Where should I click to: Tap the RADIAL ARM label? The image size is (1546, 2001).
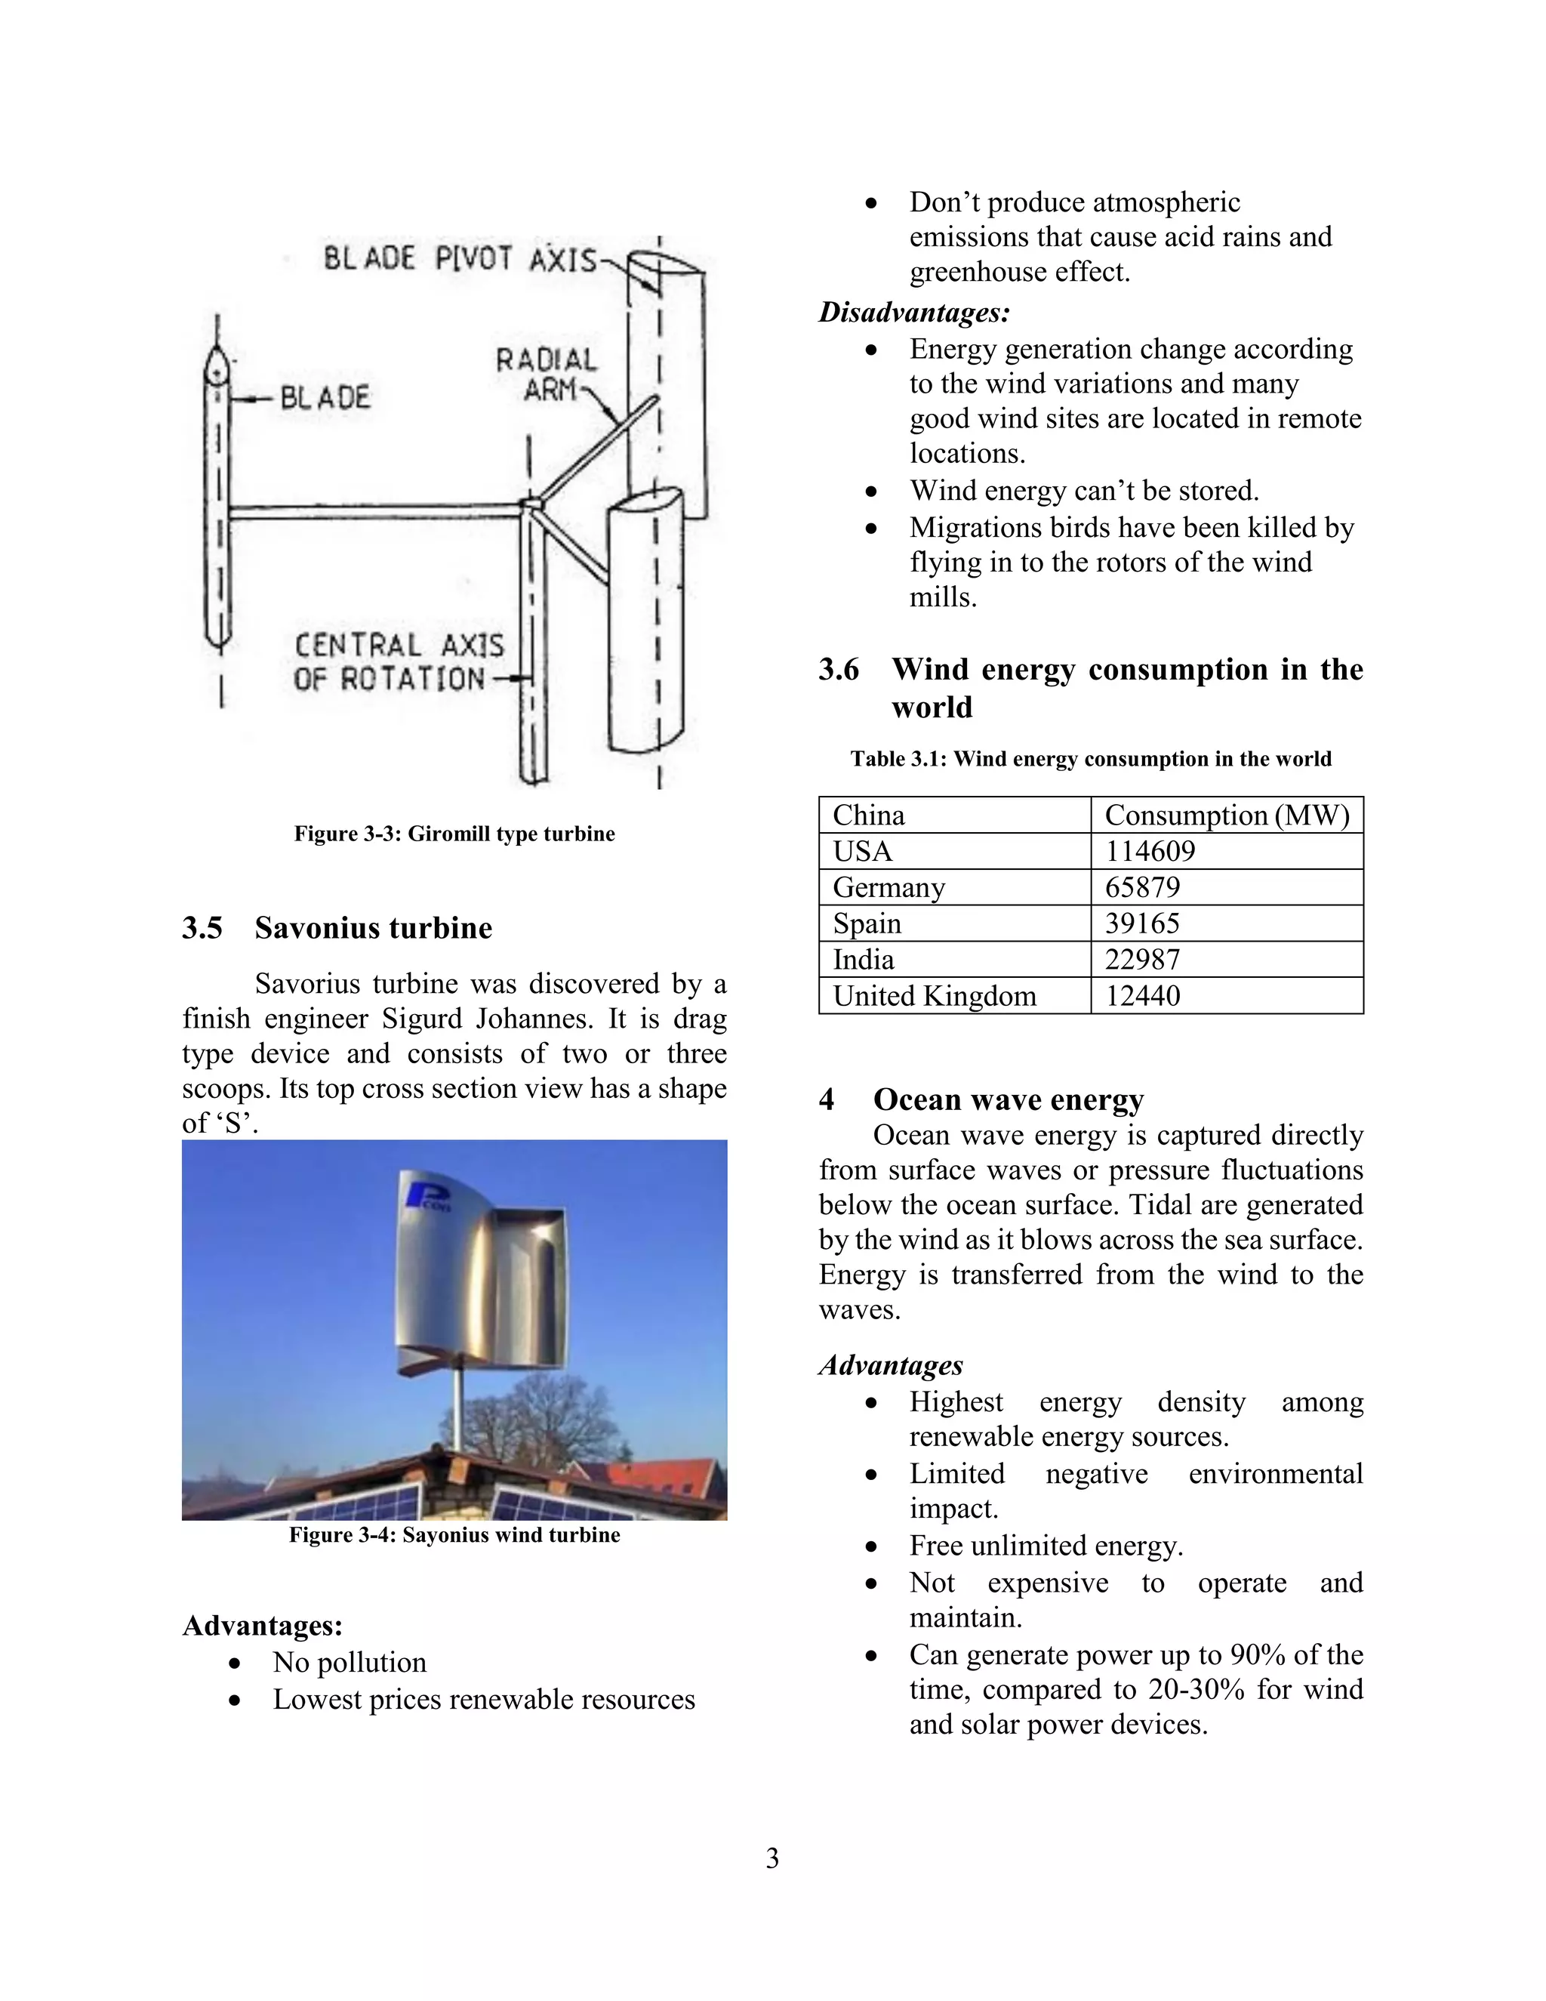coord(546,374)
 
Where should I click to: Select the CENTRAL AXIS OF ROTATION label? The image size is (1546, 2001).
coord(398,662)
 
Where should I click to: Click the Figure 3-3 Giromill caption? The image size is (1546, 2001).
coord(454,834)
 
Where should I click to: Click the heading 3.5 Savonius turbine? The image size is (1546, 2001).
coord(337,928)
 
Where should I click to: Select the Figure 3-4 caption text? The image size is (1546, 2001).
coord(454,1534)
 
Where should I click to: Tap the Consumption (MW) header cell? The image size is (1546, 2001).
coord(1227,816)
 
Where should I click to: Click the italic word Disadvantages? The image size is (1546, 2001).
coord(914,313)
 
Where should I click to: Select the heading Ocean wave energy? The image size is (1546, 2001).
coord(1008,1099)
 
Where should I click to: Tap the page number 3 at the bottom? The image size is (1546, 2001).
coord(772,1858)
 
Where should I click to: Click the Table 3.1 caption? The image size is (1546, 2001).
coord(1090,759)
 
